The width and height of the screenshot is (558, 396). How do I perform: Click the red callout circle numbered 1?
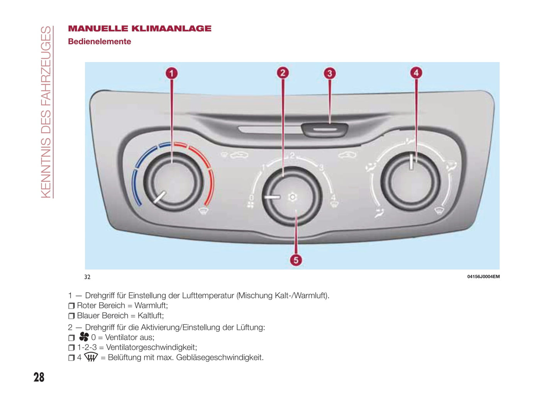[x=172, y=73]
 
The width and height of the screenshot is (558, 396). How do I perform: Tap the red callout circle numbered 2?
[x=283, y=73]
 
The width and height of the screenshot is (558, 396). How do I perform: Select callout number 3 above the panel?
[x=329, y=73]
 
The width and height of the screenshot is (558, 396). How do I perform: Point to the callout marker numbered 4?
[x=416, y=73]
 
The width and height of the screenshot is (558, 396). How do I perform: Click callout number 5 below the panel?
[x=296, y=260]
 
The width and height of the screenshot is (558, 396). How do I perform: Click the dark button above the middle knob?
[x=325, y=130]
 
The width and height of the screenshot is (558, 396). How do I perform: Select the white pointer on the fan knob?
[x=272, y=197]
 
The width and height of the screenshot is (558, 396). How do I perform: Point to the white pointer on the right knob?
[x=412, y=162]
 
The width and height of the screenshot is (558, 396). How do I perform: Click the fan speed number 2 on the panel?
[x=292, y=156]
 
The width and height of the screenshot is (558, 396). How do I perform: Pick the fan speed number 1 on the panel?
[x=263, y=168]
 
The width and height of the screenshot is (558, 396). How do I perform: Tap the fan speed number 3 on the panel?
[x=321, y=168]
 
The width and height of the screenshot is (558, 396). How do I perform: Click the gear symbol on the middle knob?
[x=293, y=197]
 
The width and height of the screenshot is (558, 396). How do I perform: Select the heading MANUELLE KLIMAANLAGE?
[x=139, y=29]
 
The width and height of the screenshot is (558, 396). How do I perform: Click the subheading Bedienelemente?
[x=99, y=42]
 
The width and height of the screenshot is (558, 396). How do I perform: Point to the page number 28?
[x=39, y=377]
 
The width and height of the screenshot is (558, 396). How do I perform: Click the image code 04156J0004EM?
[x=483, y=277]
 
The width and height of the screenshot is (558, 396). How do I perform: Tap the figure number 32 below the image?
[x=87, y=277]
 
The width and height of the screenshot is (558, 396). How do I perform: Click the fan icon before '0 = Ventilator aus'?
[x=84, y=337]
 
